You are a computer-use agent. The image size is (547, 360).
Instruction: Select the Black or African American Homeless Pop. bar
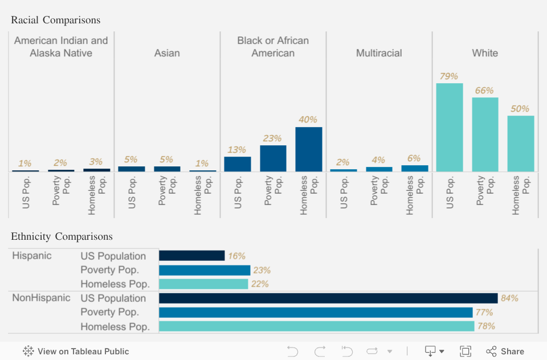point(308,149)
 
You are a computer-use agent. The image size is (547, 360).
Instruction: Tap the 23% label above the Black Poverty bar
point(273,138)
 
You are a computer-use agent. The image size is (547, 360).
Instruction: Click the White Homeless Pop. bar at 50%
point(520,144)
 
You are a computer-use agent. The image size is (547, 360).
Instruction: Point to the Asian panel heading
point(167,53)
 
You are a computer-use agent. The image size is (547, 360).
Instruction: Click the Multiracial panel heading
point(379,53)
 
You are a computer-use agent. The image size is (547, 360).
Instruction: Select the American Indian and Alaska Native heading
point(61,47)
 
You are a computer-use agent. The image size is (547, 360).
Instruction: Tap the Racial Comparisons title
point(56,20)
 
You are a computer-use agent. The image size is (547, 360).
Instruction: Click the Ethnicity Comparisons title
point(62,236)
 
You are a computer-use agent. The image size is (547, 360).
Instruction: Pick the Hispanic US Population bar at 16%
point(191,256)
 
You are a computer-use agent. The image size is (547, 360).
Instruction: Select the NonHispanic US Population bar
point(328,298)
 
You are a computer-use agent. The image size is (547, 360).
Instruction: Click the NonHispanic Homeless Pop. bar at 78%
point(316,326)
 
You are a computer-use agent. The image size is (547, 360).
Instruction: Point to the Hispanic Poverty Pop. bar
point(205,270)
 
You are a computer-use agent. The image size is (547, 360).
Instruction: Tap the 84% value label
point(509,298)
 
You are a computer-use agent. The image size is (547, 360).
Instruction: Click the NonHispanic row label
point(41,298)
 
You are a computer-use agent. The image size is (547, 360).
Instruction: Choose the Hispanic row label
point(32,256)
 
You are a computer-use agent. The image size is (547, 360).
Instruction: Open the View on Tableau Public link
point(76,351)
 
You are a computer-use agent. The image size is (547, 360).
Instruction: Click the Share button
point(505,351)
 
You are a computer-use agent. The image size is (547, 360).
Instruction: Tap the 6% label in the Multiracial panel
point(414,158)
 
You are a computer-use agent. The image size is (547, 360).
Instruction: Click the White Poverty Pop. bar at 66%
point(485,134)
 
